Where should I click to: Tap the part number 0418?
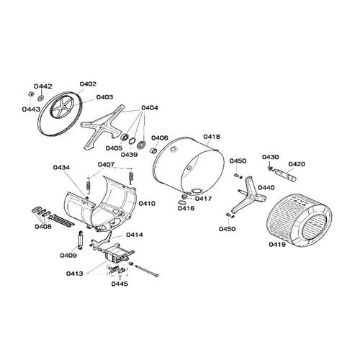(212, 135)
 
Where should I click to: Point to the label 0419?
(276, 245)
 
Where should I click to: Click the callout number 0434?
(62, 168)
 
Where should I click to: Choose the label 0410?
(147, 204)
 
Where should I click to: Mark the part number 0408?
(42, 228)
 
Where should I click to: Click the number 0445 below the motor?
(120, 284)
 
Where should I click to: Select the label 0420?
(297, 163)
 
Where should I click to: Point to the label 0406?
(160, 138)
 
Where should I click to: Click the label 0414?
(135, 235)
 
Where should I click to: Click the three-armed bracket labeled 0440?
(248, 192)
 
